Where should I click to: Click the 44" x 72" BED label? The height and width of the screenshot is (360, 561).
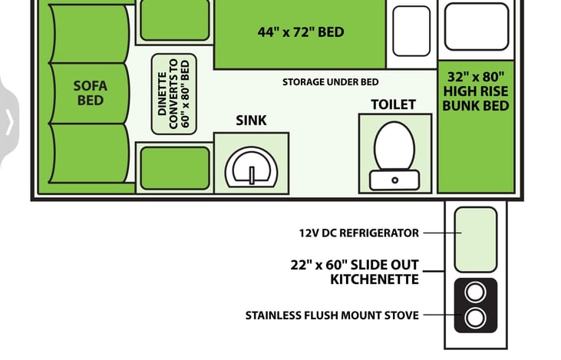(x=301, y=32)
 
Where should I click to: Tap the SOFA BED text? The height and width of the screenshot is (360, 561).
(x=90, y=93)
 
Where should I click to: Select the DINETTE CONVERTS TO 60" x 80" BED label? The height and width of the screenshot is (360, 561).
(x=174, y=94)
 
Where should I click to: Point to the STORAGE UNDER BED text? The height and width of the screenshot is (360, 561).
(x=330, y=82)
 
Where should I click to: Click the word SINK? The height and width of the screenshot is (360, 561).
(x=251, y=121)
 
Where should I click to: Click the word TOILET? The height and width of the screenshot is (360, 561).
(x=393, y=104)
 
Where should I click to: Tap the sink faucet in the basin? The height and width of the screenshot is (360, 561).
(x=252, y=175)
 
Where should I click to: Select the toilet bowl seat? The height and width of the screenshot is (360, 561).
(x=394, y=146)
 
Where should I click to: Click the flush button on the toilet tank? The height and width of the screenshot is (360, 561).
(x=394, y=180)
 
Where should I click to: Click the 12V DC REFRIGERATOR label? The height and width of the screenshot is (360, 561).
(x=359, y=233)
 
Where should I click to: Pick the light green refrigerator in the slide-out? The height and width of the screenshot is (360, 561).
(x=476, y=239)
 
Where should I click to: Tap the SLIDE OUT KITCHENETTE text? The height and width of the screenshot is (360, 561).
(x=355, y=272)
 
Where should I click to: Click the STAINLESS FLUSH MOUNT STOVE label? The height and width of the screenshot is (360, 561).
(x=332, y=315)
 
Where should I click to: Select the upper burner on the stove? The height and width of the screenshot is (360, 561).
(x=476, y=292)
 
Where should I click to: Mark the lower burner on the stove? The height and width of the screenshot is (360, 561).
(x=476, y=318)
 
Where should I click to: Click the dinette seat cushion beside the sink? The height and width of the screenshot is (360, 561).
(x=175, y=168)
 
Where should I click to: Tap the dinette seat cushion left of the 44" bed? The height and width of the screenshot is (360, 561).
(x=175, y=19)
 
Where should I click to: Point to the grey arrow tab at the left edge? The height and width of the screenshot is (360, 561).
(x=9, y=122)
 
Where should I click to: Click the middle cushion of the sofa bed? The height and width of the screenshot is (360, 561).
(x=90, y=94)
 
